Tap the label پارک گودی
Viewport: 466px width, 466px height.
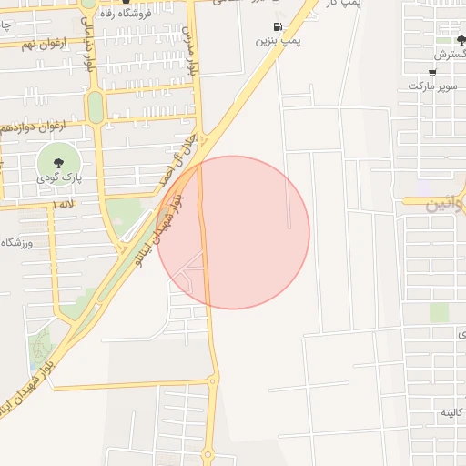tap(59, 178)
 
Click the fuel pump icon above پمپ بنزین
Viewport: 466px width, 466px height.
tap(277, 26)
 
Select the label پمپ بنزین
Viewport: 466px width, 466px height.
tap(278, 41)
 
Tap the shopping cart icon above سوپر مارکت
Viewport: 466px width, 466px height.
tap(432, 72)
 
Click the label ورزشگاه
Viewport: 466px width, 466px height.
tap(17, 242)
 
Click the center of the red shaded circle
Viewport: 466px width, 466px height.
tap(233, 233)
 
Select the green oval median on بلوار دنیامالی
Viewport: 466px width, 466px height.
tap(95, 106)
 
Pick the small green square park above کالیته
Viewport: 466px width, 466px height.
tap(439, 312)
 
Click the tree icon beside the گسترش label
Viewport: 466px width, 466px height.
tap(460, 41)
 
